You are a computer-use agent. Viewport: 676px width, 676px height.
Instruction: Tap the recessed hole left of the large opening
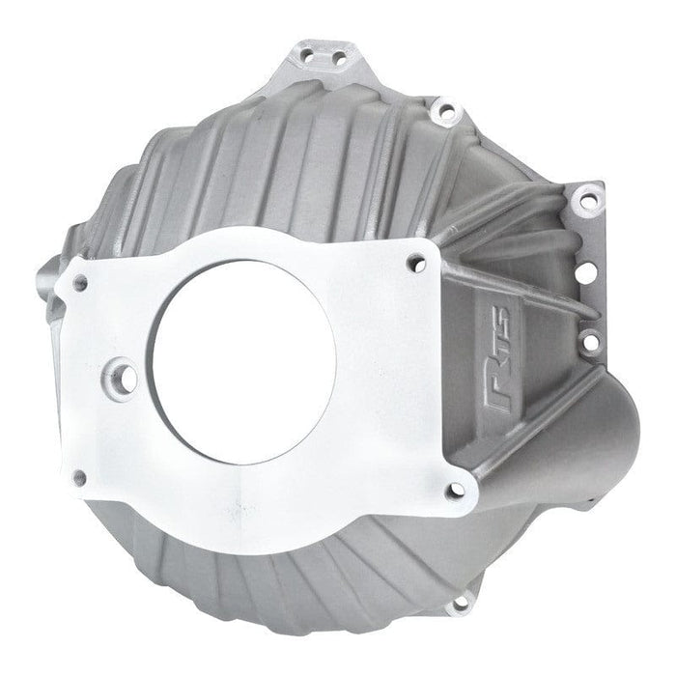(123, 373)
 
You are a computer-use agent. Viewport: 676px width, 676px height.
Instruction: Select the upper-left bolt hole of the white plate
(80, 283)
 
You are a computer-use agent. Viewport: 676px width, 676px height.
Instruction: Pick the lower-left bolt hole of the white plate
(79, 477)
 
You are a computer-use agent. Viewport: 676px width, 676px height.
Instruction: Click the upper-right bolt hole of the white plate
(416, 261)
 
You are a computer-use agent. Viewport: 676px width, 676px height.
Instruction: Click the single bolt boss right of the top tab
(445, 111)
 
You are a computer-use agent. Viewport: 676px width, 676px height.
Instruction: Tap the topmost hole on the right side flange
(585, 202)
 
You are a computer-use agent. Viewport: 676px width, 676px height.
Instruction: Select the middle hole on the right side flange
(587, 273)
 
